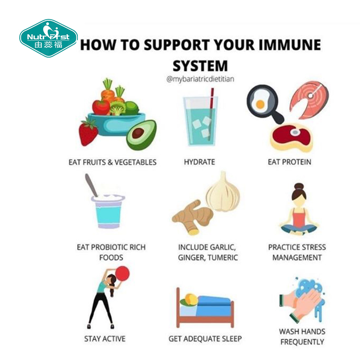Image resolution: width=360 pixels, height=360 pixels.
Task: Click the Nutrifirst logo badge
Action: click(x=49, y=38)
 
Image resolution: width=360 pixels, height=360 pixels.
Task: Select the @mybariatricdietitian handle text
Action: click(x=200, y=79)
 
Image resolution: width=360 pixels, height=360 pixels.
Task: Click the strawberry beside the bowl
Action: click(x=88, y=132)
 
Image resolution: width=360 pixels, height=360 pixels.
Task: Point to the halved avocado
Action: click(x=141, y=135)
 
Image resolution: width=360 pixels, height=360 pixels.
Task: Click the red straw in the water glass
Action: click(x=211, y=114)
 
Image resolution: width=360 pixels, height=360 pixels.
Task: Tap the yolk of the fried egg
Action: click(x=260, y=104)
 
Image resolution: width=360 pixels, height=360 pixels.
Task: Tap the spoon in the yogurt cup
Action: click(x=91, y=185)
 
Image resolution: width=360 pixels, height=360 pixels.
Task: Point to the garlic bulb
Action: click(x=223, y=193)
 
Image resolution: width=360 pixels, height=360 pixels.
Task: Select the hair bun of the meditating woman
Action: click(x=299, y=186)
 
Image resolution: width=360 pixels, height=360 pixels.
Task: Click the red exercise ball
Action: click(x=122, y=274)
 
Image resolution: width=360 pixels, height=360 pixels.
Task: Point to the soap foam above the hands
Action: click(x=309, y=287)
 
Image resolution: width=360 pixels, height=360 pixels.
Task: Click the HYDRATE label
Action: click(x=199, y=162)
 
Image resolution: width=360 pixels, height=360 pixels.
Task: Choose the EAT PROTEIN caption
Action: click(x=289, y=162)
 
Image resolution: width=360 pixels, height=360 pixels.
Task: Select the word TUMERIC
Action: click(x=222, y=257)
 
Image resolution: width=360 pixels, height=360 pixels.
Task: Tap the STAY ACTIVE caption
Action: click(x=105, y=339)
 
